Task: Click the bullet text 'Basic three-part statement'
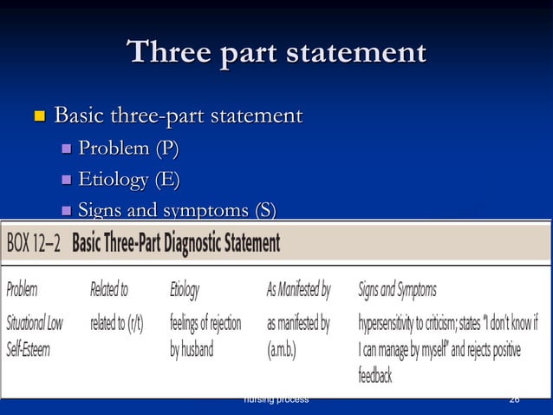point(178,115)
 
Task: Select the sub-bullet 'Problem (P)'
point(128,148)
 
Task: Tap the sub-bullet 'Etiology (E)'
point(129,180)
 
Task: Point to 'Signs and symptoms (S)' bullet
point(177,209)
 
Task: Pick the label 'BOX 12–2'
point(34,243)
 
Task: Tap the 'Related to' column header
point(109,290)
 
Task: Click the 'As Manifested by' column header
point(298,290)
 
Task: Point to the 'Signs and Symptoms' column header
point(397,290)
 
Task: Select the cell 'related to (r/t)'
point(116,324)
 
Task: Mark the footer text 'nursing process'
point(276,399)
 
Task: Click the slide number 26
point(515,399)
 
